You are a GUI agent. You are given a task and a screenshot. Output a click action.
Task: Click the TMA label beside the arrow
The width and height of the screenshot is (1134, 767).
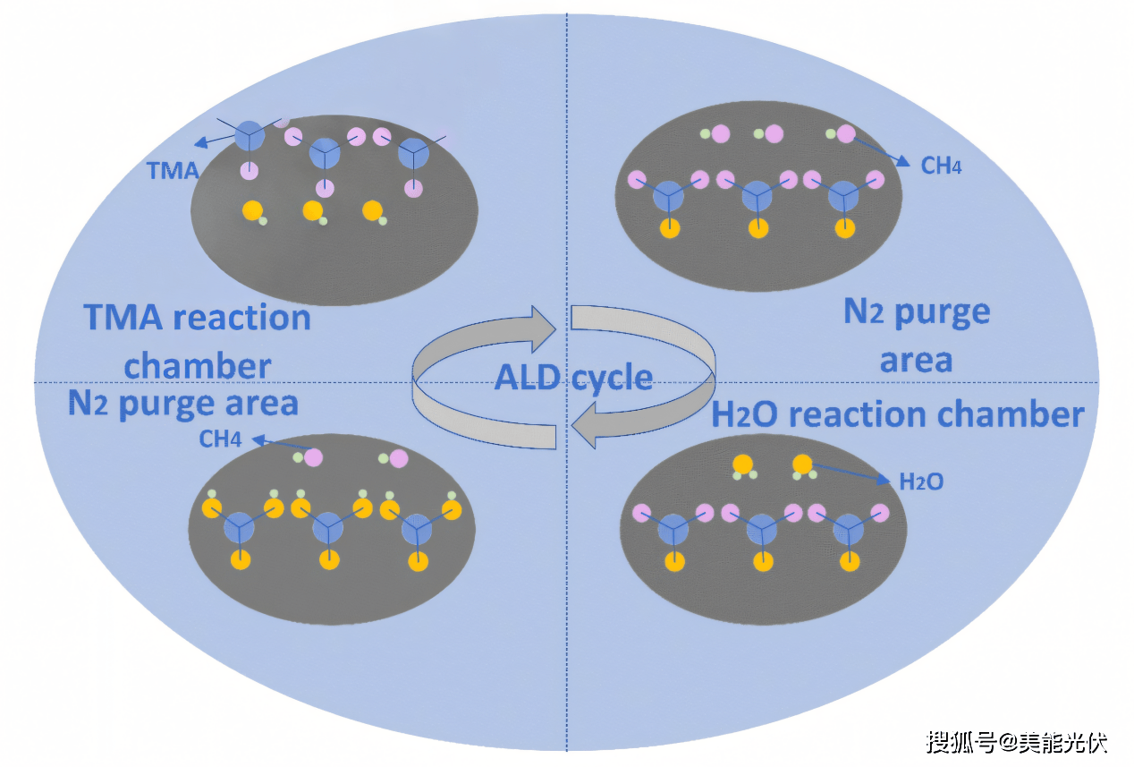coord(173,170)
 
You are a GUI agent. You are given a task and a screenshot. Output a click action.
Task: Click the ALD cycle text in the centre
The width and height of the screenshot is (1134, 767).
coord(573,378)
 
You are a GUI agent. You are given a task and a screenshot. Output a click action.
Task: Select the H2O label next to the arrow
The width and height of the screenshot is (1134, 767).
coord(920,482)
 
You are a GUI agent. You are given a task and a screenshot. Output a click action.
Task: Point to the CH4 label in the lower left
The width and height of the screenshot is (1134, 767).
coord(221,439)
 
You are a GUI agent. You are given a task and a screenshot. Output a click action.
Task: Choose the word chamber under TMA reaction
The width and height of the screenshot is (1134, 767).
coord(198,365)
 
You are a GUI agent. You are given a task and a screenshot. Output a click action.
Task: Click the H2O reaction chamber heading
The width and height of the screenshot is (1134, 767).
coord(897,414)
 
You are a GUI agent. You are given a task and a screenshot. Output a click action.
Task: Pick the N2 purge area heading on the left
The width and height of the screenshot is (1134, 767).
coord(182,404)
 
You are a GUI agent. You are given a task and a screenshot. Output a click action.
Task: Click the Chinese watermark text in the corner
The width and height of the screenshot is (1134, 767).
coord(1017,742)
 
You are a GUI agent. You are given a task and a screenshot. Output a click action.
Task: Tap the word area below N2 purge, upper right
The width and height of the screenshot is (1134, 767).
coord(916,361)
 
